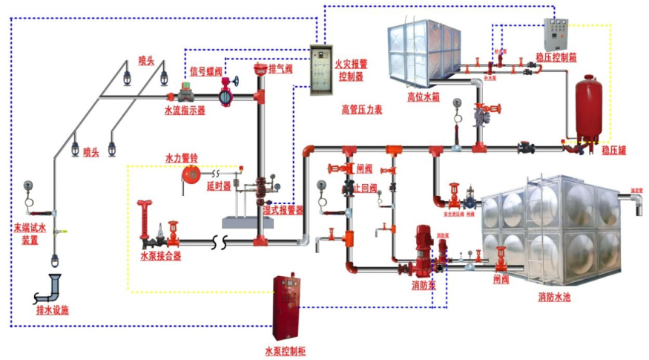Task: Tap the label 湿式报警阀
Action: [284, 210]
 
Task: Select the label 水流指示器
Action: [185, 110]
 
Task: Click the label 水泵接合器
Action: [160, 255]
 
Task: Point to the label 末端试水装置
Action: [30, 235]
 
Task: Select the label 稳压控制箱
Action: [556, 56]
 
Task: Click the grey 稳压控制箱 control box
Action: [559, 33]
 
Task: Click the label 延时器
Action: [218, 186]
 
